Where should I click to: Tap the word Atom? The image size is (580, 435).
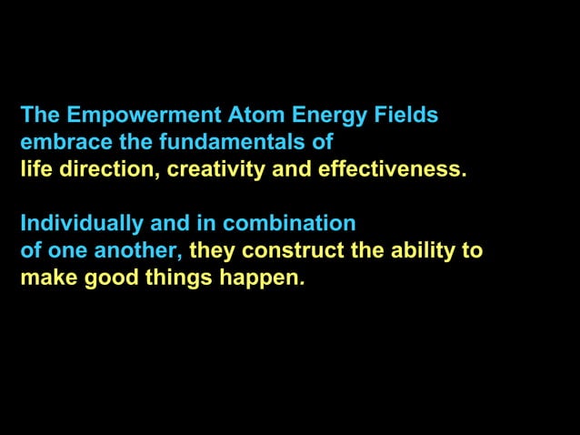(x=255, y=116)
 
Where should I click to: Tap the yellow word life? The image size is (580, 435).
(x=33, y=169)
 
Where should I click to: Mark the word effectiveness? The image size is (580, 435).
(x=392, y=169)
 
